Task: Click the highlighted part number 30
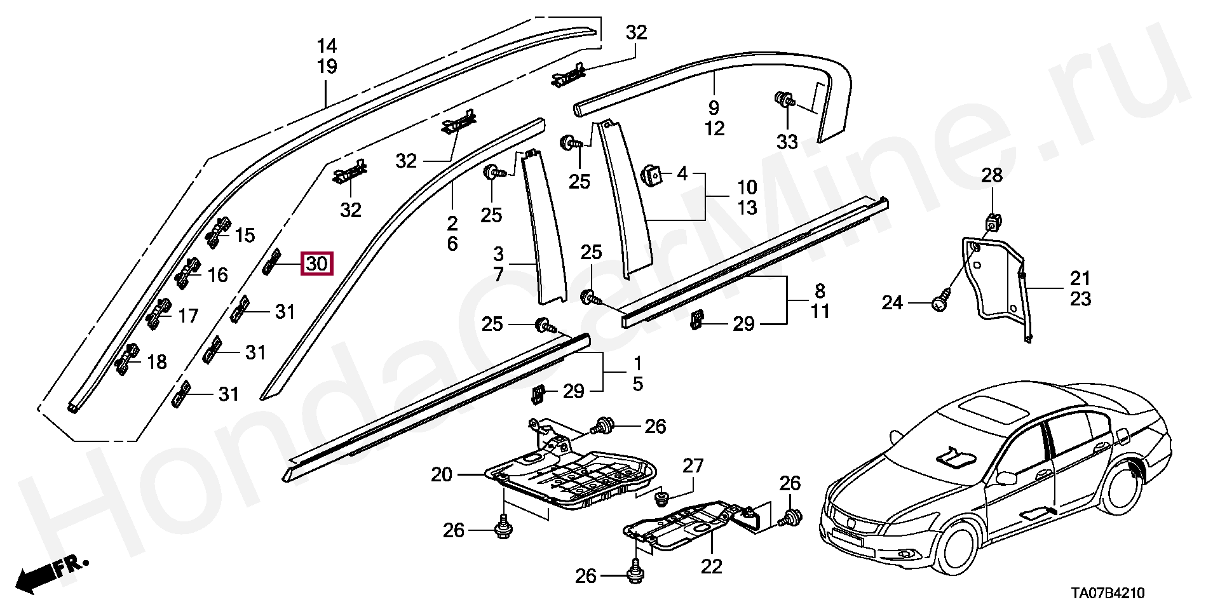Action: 316,263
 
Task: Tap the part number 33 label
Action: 787,142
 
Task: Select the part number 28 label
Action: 991,175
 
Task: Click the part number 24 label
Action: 891,303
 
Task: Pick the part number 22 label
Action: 712,566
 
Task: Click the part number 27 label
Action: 693,466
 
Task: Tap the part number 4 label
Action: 682,173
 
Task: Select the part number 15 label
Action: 244,236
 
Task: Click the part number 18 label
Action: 156,362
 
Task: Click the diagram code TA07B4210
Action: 1107,593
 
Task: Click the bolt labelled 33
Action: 783,100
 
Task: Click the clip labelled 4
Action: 651,174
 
